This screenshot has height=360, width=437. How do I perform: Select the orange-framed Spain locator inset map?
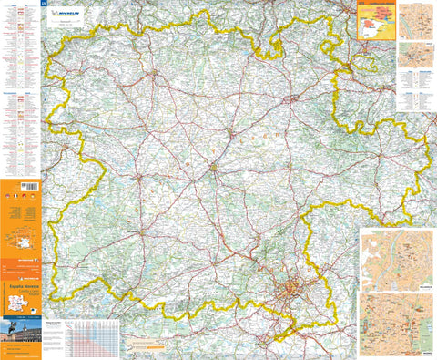[x=376, y=19]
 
